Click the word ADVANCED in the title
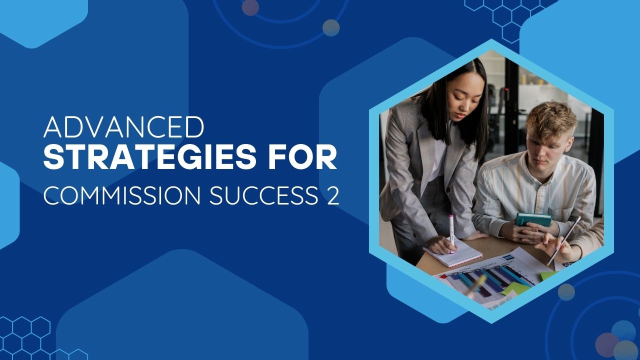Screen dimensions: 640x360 click(124, 127)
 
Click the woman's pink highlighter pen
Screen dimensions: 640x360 click(451, 233)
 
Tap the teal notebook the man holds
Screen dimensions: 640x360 click(533, 220)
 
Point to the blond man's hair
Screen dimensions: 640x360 click(551, 119)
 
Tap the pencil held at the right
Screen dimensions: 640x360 click(564, 240)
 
